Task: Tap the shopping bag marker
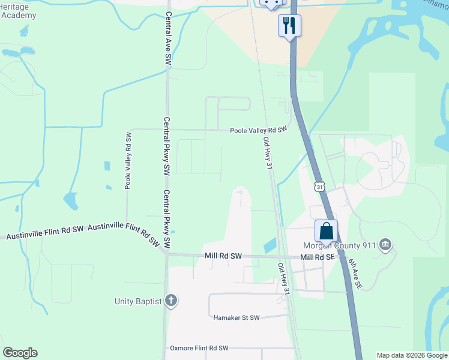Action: [326, 230]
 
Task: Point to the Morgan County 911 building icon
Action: [386, 244]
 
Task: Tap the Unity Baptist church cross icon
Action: [171, 301]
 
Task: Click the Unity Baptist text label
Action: [138, 301]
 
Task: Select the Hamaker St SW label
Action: [237, 317]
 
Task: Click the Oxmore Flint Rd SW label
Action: [199, 348]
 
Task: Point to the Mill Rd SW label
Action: [223, 256]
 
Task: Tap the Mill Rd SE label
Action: [317, 257]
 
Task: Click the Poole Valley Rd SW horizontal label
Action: [259, 130]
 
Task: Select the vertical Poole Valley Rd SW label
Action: [128, 160]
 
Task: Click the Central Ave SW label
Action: [169, 38]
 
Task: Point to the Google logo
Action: [20, 353]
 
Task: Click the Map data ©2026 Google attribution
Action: [412, 355]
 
